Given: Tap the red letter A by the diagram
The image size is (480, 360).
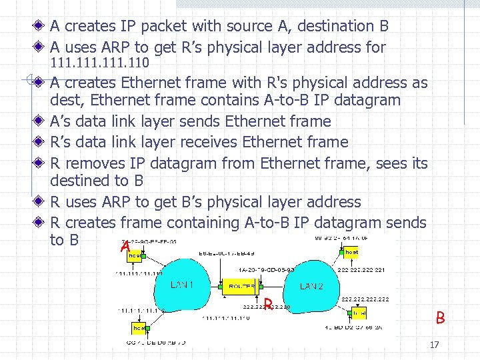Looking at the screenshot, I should pyautogui.click(x=125, y=247).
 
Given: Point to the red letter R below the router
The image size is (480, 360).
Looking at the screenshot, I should pyautogui.click(x=267, y=305).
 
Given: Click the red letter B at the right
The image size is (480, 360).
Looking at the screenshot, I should pyautogui.click(x=440, y=318).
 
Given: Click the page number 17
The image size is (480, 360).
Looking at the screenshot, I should pyautogui.click(x=435, y=345).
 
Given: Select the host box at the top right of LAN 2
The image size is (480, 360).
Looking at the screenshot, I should pyautogui.click(x=351, y=251).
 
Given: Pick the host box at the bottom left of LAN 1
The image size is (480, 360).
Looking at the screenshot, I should pyautogui.click(x=138, y=328).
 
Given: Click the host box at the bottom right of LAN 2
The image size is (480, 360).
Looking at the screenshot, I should pyautogui.click(x=359, y=312).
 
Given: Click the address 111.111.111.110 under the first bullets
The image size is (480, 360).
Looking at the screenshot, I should pyautogui.click(x=100, y=64).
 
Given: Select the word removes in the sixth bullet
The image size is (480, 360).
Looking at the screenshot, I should pyautogui.click(x=91, y=163).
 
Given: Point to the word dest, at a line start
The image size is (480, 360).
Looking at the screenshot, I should pyautogui.click(x=67, y=101).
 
